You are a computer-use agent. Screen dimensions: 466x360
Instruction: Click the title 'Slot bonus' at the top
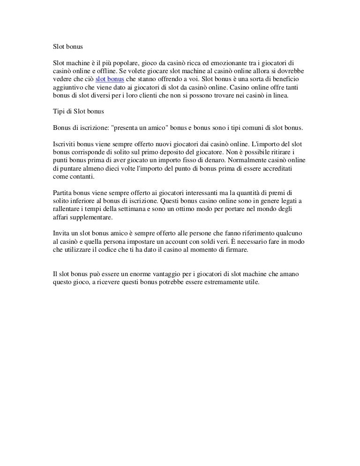67,47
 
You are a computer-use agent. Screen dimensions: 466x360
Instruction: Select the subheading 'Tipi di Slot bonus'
79,111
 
